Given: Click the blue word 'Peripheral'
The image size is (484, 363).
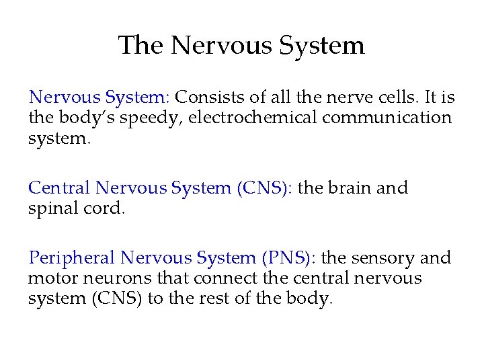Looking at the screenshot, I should pos(72,258).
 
